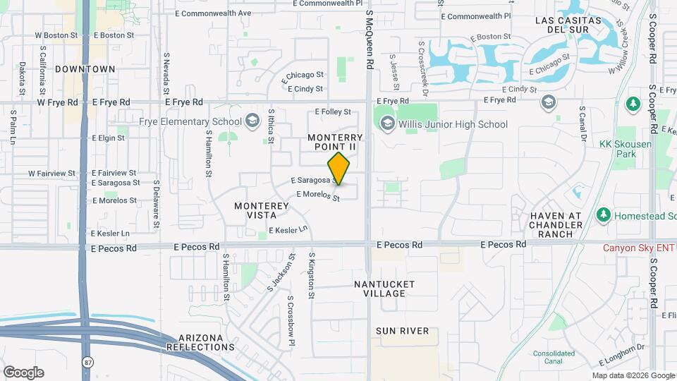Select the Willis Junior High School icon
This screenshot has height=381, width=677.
pos(387,124)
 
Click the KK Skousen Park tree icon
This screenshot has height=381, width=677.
pos(633,103)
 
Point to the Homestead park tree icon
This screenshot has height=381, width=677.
pos(603,214)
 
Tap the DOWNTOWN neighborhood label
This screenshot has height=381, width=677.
pos(85,69)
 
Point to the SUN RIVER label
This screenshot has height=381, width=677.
pos(402,331)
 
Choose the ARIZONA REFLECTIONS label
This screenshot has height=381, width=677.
pos(201,342)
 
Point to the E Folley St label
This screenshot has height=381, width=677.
pos(333,111)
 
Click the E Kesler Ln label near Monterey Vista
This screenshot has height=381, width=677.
pos(289,230)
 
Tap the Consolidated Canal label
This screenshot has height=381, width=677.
pos(554,357)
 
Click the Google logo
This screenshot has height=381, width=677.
pos(23,373)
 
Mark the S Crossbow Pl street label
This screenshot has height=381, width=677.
pos(291,321)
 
